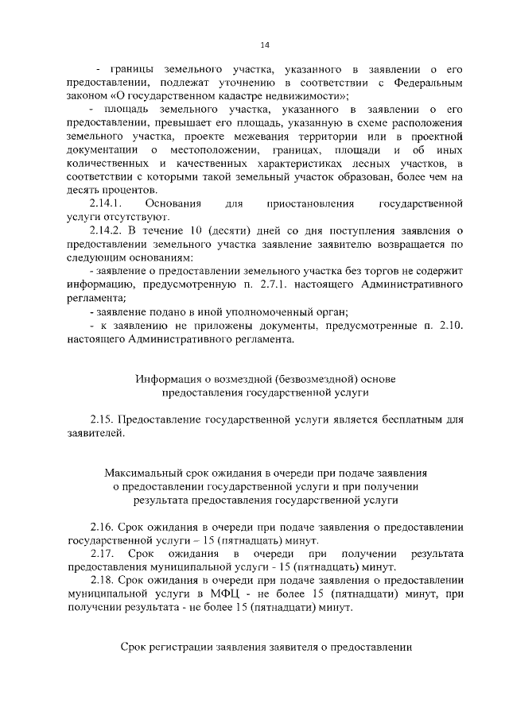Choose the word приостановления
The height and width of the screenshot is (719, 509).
coord(311,204)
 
